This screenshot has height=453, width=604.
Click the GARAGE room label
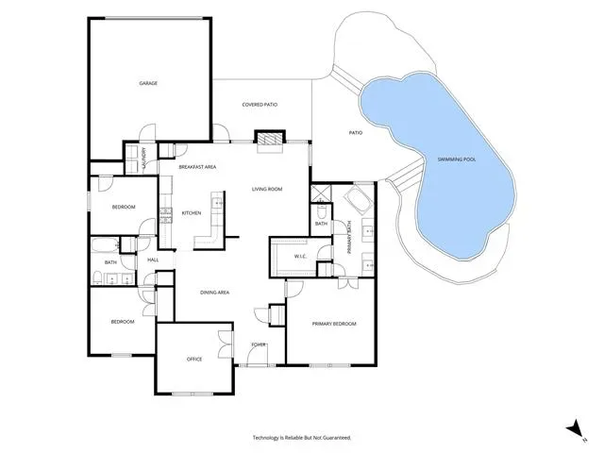click(x=148, y=83)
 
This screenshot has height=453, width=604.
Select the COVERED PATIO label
click(x=260, y=105)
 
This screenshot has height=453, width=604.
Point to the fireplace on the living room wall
click(x=270, y=139)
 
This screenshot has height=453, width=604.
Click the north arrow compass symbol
click(x=575, y=428)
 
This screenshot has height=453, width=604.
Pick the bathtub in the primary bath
click(x=359, y=200)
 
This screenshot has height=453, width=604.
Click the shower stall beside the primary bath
click(x=321, y=193)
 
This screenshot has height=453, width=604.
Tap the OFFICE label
click(x=194, y=359)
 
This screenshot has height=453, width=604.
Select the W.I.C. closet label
click(x=300, y=257)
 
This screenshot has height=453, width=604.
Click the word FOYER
click(x=259, y=344)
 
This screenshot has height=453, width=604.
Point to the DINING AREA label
click(x=214, y=293)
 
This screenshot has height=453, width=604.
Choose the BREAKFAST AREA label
click(x=197, y=167)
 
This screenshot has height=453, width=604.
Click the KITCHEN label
click(x=192, y=213)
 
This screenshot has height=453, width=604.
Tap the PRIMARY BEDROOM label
click(x=334, y=324)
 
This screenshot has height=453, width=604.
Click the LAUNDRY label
click(x=144, y=159)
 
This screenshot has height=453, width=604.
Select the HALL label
click(x=153, y=260)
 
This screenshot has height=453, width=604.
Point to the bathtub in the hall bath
click(x=105, y=245)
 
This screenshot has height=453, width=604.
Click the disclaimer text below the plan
click(x=302, y=438)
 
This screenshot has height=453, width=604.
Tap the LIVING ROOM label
click(x=267, y=189)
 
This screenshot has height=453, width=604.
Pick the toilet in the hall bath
click(x=97, y=277)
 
